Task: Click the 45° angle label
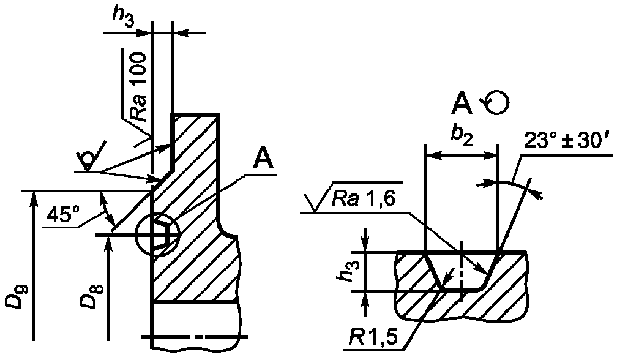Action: point(62,216)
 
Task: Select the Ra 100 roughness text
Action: point(138,86)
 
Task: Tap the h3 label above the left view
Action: point(124,19)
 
